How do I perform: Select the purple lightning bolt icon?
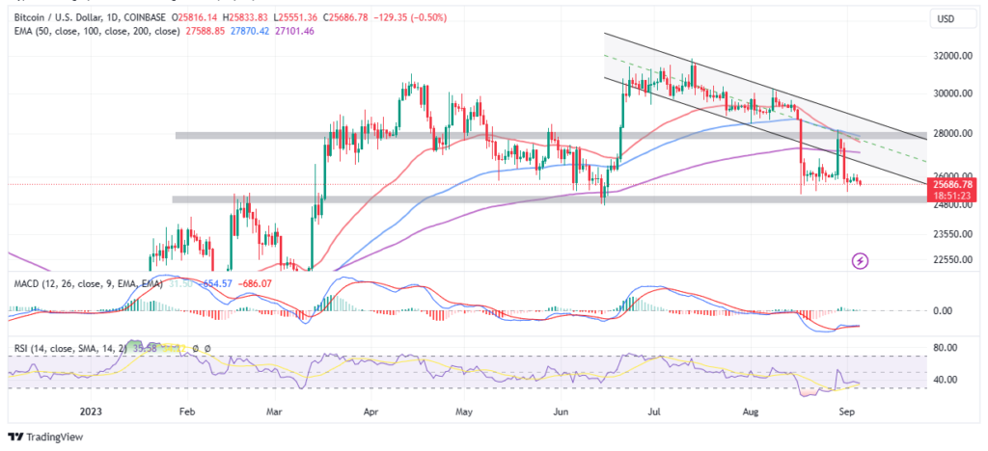(x=860, y=260)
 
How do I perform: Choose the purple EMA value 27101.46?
(x=276, y=31)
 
